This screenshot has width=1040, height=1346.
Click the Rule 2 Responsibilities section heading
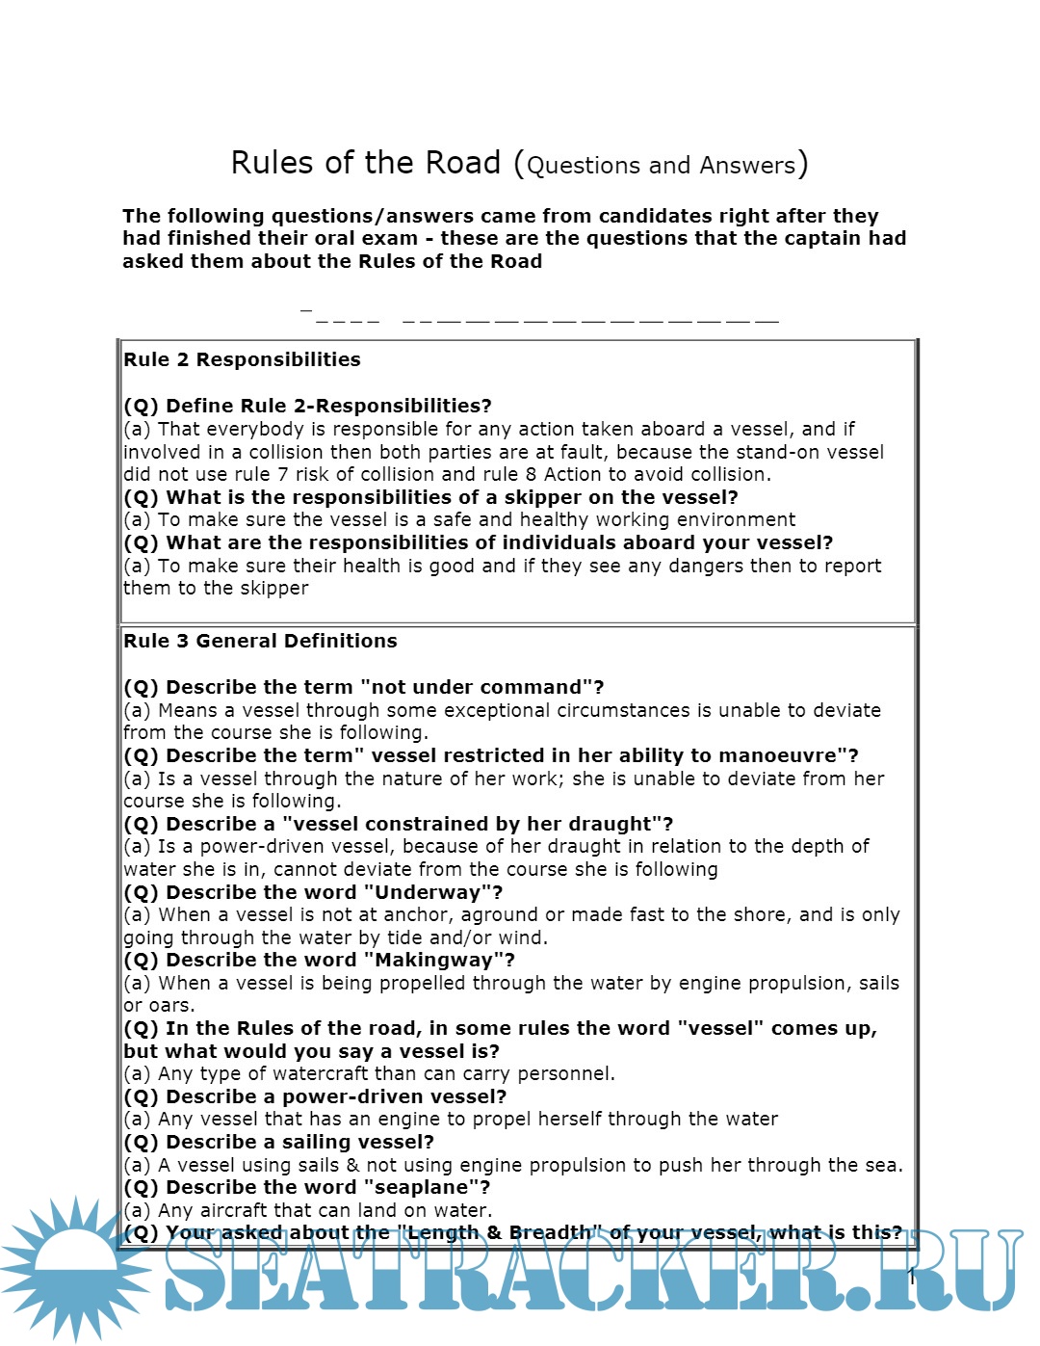242,359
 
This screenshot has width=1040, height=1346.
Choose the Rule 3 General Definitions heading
260,641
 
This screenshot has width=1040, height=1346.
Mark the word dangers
703,566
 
